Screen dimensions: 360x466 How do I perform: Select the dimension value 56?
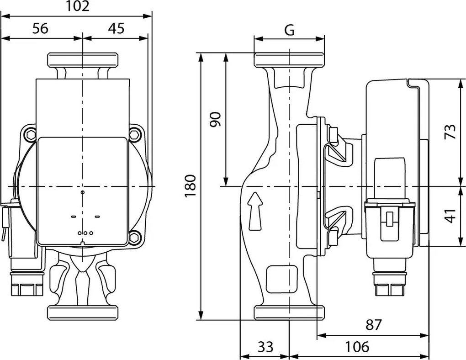[x=40, y=28]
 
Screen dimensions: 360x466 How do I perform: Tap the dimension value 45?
[x=116, y=28]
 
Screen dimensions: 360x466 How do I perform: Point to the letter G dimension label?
[x=289, y=30]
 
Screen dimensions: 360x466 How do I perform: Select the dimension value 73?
[x=450, y=132]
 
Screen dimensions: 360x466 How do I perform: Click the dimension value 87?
[x=373, y=325]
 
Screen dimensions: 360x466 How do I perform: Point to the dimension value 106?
[x=357, y=347]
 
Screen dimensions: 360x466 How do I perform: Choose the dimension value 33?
[x=265, y=347]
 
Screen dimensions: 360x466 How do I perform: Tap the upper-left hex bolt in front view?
[x=30, y=134]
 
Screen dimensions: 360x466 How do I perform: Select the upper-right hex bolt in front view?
[x=135, y=134]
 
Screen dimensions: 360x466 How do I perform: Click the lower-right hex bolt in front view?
[x=134, y=237]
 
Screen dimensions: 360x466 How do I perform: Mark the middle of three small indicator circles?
[x=85, y=233]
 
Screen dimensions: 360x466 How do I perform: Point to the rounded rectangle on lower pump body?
[x=278, y=279]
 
